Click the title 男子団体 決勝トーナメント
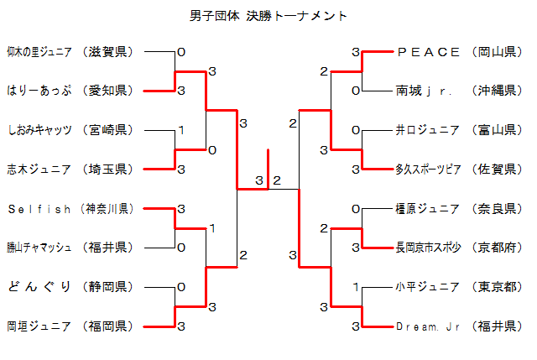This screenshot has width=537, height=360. (268, 16)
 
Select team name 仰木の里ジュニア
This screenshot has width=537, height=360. (39, 52)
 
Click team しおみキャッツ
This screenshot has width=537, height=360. (39, 130)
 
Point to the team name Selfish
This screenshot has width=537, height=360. (39, 208)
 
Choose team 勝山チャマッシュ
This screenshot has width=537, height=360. (39, 248)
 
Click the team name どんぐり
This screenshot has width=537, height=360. (39, 286)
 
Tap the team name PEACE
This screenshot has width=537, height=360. (428, 52)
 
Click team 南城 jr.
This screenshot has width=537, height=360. (424, 91)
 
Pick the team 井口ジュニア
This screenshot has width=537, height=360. (427, 130)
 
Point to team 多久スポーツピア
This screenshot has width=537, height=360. (428, 170)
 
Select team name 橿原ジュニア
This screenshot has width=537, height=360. (427, 208)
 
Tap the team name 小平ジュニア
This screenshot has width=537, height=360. (427, 286)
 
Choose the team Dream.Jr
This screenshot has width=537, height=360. (428, 326)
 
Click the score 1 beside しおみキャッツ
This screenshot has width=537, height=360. (181, 130)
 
